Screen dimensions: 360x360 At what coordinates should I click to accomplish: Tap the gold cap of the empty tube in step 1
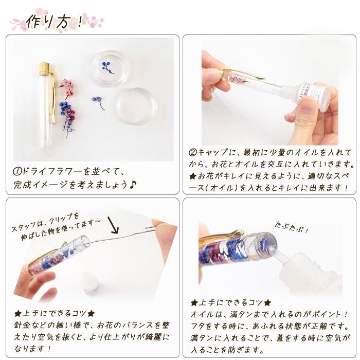tap(45, 68)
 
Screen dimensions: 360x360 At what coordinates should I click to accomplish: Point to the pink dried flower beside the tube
tap(67, 87)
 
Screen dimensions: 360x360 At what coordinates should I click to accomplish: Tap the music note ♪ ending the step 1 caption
tap(132, 184)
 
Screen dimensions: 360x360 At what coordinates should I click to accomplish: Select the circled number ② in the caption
tap(193, 153)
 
